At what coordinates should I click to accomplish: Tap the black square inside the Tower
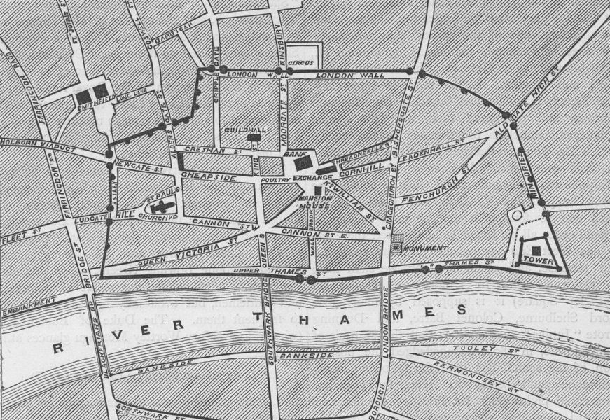pos(536,251)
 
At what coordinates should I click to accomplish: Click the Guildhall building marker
pos(253,138)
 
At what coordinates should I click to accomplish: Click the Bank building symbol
pos(301,163)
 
